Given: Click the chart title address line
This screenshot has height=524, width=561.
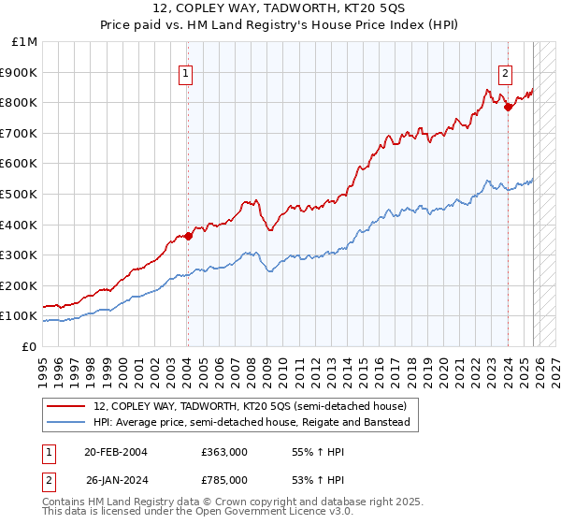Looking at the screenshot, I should pyautogui.click(x=280, y=8).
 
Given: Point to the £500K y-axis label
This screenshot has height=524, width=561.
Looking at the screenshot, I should pyautogui.click(x=21, y=194).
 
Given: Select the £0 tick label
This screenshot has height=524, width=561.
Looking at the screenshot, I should pyautogui.click(x=30, y=346).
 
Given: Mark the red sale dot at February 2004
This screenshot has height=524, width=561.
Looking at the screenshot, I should pyautogui.click(x=188, y=236).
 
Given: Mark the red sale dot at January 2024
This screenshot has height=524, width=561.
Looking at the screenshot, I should pyautogui.click(x=508, y=107).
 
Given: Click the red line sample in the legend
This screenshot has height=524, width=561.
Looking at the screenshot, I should pyautogui.click(x=65, y=407).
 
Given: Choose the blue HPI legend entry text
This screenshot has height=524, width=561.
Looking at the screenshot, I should pyautogui.click(x=252, y=423).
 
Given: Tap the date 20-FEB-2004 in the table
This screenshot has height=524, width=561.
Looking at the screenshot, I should pyautogui.click(x=115, y=452).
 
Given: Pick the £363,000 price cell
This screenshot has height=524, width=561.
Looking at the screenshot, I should pyautogui.click(x=224, y=452).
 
